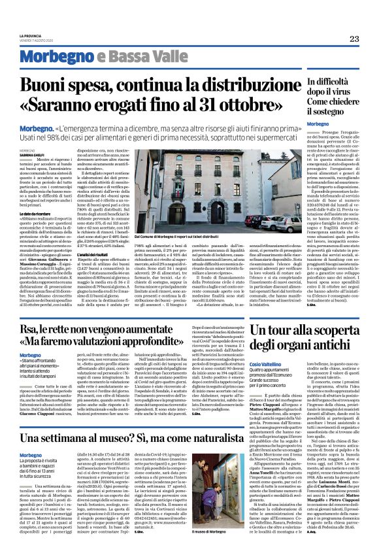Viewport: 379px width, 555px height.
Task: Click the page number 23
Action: click(354, 39)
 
